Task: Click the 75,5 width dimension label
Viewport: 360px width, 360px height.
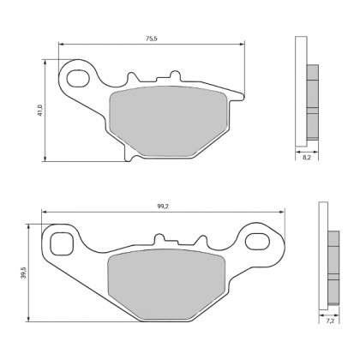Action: pyautogui.click(x=152, y=39)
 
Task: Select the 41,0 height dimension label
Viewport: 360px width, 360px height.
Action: pyautogui.click(x=40, y=111)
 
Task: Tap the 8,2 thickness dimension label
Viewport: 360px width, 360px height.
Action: pyautogui.click(x=306, y=158)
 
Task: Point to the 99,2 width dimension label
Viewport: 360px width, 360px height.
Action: pyautogui.click(x=164, y=207)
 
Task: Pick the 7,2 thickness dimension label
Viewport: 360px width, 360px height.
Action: pyautogui.click(x=330, y=321)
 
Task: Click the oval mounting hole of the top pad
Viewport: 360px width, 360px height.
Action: pyautogui.click(x=78, y=78)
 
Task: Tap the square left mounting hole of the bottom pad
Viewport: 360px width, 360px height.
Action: pyautogui.click(x=62, y=243)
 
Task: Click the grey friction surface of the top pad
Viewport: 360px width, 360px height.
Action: pyautogui.click(x=169, y=121)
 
